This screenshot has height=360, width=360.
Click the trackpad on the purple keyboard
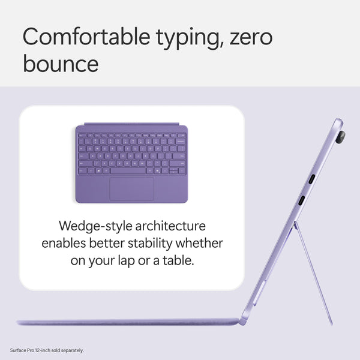coord(131,188)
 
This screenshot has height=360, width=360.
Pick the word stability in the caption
coord(158,244)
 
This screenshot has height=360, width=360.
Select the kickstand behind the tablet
coord(315,270)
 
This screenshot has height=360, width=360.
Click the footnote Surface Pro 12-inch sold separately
coord(47,350)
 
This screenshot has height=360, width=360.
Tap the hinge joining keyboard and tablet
coord(242,322)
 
